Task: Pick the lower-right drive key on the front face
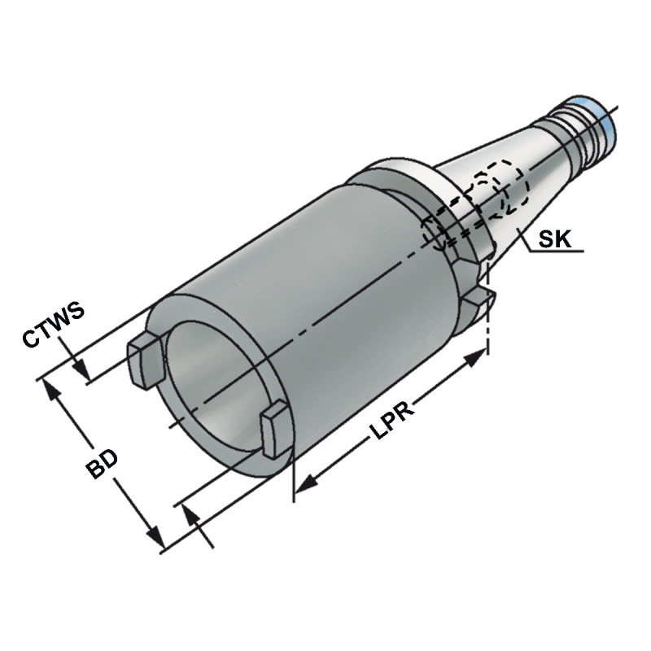pos(274,429)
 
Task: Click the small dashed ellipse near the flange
pos(439,234)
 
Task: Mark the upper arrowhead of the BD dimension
pos(55,391)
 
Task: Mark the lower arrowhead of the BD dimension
pos(154,537)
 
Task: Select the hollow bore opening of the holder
pos(212,391)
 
